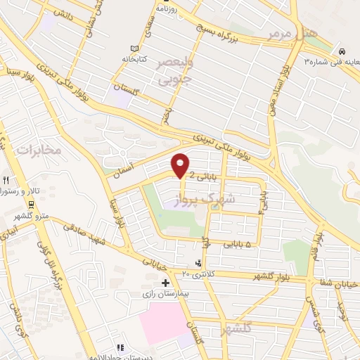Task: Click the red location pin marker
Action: (x=181, y=165)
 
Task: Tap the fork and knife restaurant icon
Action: (x=5, y=180)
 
